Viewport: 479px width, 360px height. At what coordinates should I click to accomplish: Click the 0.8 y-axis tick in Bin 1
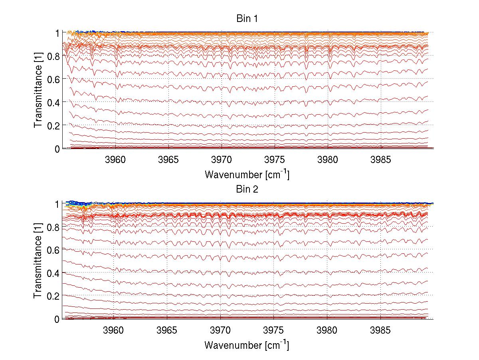click(x=54, y=56)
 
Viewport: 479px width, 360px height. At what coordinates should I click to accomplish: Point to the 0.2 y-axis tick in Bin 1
click(x=54, y=125)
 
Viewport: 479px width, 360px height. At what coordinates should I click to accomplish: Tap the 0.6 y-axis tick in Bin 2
click(x=54, y=250)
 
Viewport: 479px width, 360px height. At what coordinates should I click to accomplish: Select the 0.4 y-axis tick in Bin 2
click(x=54, y=273)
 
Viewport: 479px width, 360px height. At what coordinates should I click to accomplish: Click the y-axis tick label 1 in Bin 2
click(x=57, y=204)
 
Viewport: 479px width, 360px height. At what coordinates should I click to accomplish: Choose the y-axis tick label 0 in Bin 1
click(x=57, y=149)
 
